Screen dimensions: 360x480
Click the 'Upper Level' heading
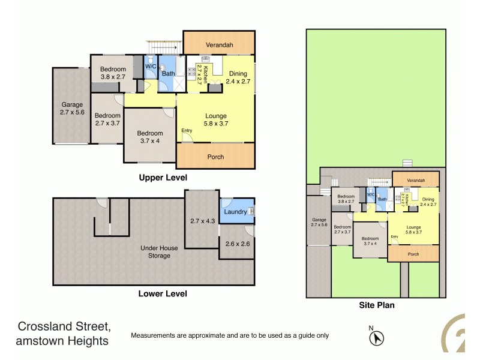163,178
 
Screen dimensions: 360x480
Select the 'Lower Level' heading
163,293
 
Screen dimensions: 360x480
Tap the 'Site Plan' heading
376,305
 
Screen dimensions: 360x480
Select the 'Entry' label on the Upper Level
187,131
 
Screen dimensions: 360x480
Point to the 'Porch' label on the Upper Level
215,157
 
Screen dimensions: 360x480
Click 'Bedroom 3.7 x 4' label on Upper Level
149,137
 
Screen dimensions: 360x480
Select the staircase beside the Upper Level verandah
165,46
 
